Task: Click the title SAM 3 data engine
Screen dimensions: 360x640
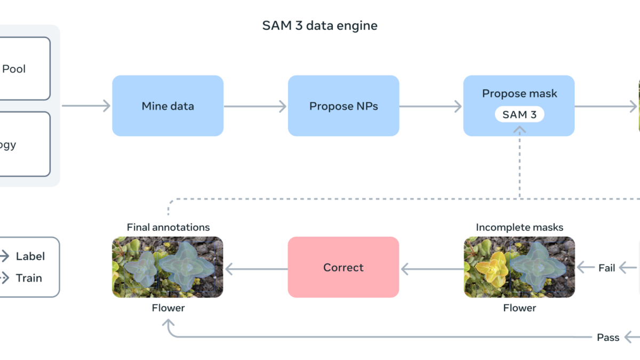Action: [x=319, y=26]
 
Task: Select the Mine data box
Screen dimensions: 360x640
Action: [x=167, y=106]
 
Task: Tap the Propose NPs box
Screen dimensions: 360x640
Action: [x=343, y=106]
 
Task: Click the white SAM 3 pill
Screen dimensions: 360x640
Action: [x=519, y=115]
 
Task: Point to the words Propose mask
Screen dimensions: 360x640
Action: [x=519, y=93]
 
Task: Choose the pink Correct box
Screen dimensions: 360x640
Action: [x=343, y=267]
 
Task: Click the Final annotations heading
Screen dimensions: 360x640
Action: [x=168, y=227]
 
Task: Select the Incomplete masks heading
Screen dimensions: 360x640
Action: [x=519, y=227]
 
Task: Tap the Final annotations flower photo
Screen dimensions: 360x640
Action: [x=167, y=267]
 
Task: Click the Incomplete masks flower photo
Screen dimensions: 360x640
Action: [x=519, y=267]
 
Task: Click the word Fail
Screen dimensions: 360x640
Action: [x=607, y=268]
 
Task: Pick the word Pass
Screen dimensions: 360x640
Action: [x=608, y=337]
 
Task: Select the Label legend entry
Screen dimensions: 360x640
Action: [x=30, y=256]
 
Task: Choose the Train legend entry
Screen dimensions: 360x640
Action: [x=29, y=278]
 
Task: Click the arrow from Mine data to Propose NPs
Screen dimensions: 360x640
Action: [x=255, y=106]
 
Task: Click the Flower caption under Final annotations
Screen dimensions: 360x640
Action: [x=168, y=308]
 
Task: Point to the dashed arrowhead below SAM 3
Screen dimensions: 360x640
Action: [x=519, y=129]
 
